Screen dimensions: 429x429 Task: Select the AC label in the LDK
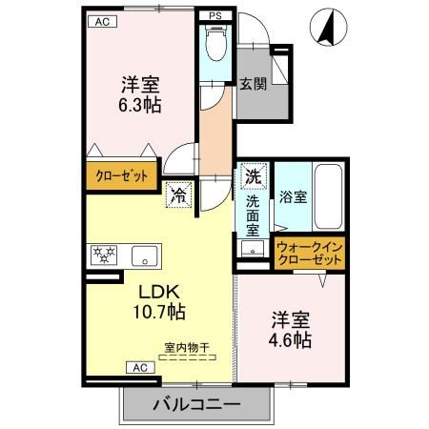click(137, 367)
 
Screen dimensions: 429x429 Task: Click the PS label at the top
click(215, 16)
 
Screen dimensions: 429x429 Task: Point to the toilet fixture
click(216, 45)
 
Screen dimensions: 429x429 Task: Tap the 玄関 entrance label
click(252, 84)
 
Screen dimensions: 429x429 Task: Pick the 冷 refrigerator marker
click(177, 197)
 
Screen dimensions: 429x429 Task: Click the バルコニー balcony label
click(195, 405)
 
